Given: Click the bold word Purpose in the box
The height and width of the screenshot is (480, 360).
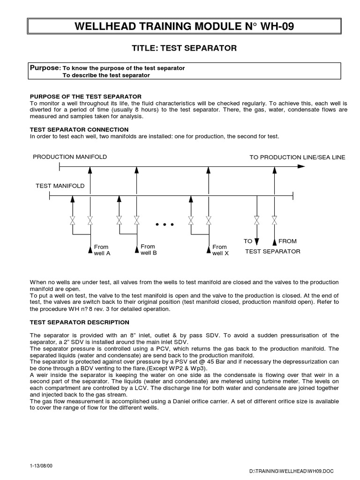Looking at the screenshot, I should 45,68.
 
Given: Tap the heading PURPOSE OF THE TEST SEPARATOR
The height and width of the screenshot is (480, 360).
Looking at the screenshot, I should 85,97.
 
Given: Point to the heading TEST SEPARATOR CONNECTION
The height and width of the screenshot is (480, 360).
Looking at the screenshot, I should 79,129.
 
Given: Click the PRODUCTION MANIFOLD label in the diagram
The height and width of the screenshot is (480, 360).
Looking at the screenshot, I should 70,157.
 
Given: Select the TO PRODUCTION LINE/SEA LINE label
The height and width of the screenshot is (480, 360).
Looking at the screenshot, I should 297,157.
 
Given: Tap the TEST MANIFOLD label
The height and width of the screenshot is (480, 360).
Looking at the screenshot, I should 60,186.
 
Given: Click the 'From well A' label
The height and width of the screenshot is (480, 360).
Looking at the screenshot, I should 102,250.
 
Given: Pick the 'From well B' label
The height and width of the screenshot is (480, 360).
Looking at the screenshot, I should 148,249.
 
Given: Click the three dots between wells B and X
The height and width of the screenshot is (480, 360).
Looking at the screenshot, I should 164,225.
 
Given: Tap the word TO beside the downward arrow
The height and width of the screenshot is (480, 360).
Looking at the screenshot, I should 248,241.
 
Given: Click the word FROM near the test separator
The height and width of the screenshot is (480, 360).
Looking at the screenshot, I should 287,241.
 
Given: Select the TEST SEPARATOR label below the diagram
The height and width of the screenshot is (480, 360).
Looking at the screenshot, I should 273,252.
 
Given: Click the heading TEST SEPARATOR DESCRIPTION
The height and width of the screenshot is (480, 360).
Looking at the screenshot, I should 79,322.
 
